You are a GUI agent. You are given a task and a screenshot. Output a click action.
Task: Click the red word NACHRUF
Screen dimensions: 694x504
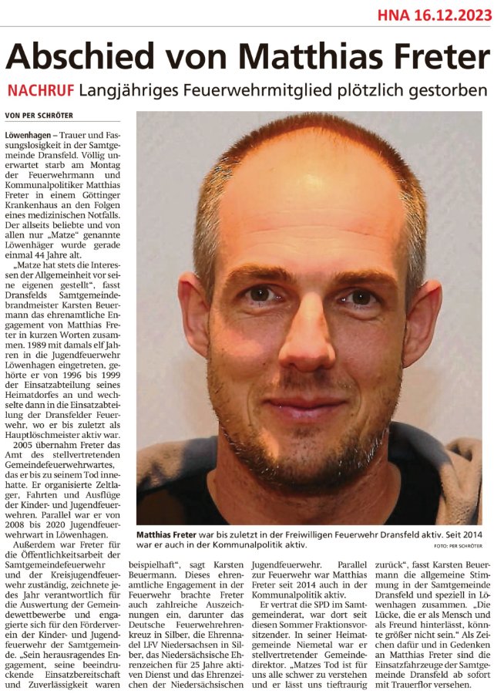tap(41, 90)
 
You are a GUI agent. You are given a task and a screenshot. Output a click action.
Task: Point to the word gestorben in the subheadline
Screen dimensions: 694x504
tap(445, 90)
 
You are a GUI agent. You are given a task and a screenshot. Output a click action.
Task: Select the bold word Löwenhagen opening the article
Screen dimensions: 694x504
tap(31, 135)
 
